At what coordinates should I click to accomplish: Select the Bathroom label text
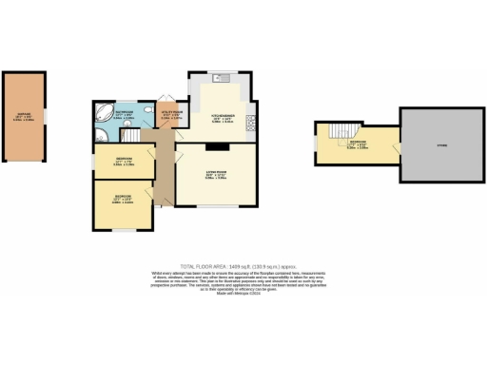[x=125, y=115]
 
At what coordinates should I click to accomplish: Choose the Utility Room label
[x=172, y=117]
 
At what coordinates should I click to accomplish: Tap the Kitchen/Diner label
[x=222, y=119]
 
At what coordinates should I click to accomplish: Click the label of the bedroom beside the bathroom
[x=124, y=161]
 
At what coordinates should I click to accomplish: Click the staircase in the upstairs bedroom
[x=343, y=130]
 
